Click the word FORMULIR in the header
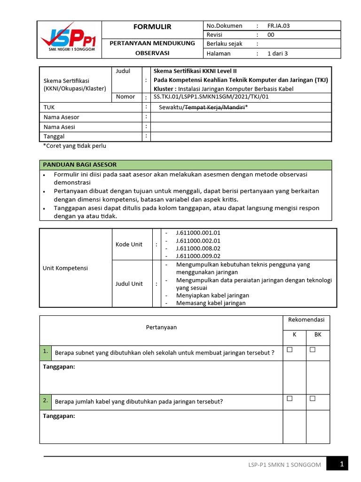tap(153, 27)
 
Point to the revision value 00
tap(271, 35)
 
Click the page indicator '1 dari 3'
tap(277, 53)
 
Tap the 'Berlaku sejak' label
tap(225, 44)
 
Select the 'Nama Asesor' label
tap(62, 117)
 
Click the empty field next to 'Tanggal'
tap(241, 136)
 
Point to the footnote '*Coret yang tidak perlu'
tap(75, 146)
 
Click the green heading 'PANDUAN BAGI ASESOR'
tap(80, 165)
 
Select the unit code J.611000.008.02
tap(198, 248)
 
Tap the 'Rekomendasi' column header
tap(306, 320)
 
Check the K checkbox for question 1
tap(290, 350)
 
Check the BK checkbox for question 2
tap(313, 399)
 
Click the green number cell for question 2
tap(45, 401)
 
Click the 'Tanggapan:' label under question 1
tap(59, 367)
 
